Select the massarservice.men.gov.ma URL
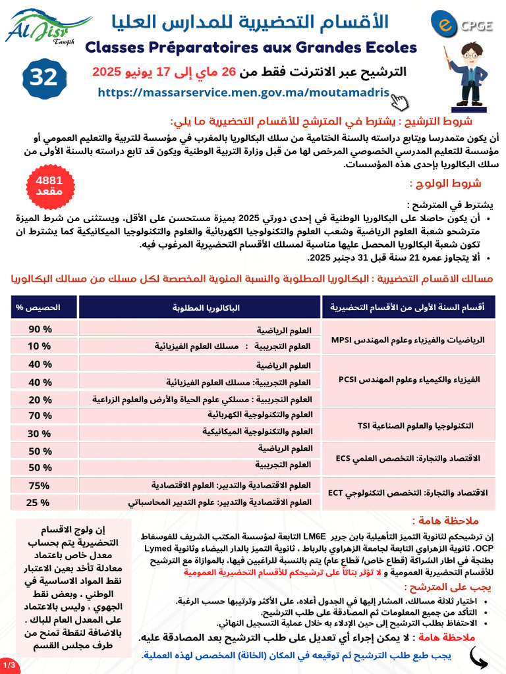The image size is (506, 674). pyautogui.click(x=244, y=93)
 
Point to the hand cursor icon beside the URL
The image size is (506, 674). pyautogui.click(x=399, y=101)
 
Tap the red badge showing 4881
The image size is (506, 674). pyautogui.click(x=49, y=185)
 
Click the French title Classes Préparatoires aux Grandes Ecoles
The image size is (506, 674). pyautogui.click(x=252, y=47)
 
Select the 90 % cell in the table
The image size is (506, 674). pyautogui.click(x=40, y=329)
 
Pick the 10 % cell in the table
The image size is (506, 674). pyautogui.click(x=40, y=346)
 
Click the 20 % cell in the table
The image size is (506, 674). pyautogui.click(x=40, y=399)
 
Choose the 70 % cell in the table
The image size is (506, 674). pyautogui.click(x=40, y=415)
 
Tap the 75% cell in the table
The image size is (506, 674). pyautogui.click(x=40, y=485)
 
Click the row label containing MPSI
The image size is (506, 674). pyautogui.click(x=408, y=340)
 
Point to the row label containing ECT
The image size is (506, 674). pyautogui.click(x=408, y=492)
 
